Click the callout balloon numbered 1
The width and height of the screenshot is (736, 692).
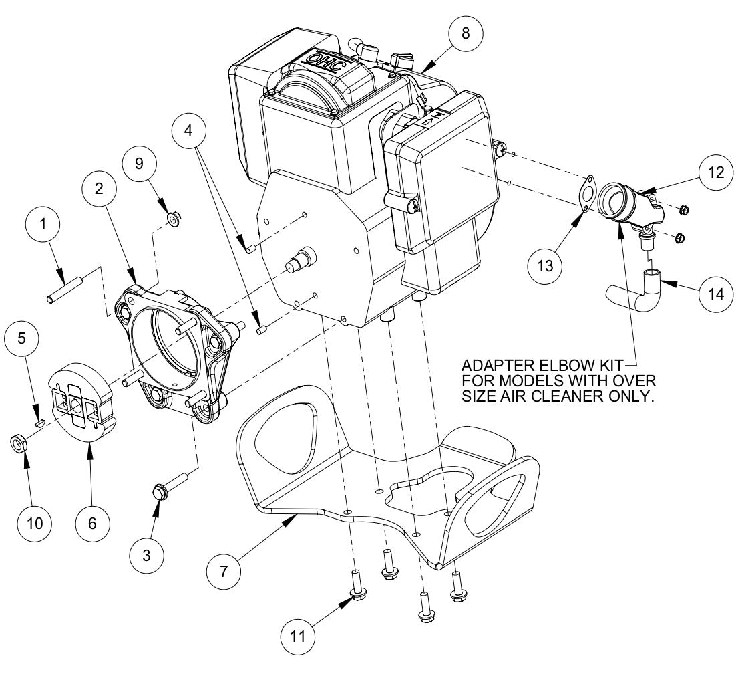(43, 225)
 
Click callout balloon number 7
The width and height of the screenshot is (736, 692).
(224, 571)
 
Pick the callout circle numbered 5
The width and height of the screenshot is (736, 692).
(22, 338)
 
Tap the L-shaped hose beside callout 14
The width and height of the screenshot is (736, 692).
(634, 291)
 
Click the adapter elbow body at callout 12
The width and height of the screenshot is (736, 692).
(624, 204)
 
